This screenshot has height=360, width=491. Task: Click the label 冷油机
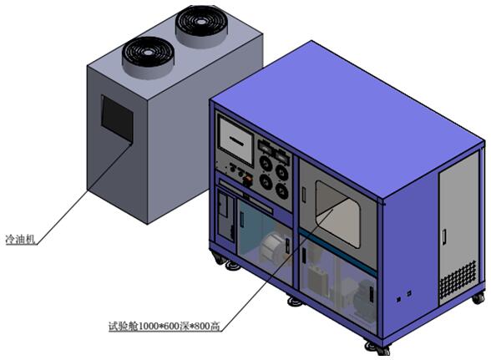click(20, 240)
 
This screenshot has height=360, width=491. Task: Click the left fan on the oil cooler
click(148, 57)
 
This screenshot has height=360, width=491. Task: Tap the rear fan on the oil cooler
click(201, 25)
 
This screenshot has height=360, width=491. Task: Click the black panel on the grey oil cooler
click(117, 118)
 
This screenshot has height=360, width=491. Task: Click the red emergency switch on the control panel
click(248, 180)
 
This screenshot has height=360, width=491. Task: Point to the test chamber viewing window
click(337, 214)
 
